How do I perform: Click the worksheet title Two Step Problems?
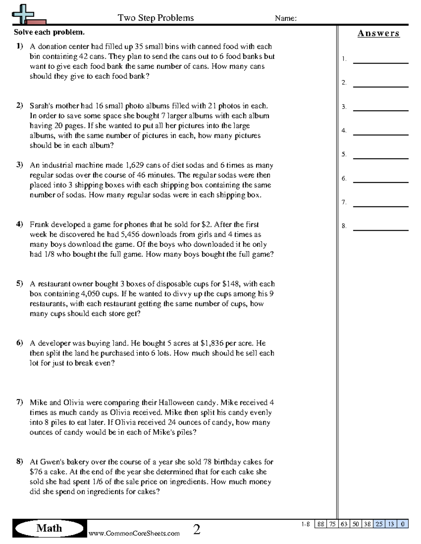tap(155, 18)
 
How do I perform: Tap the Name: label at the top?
tap(286, 18)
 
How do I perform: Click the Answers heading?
tap(379, 33)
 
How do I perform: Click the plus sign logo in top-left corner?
tap(23, 14)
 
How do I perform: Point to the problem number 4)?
tap(19, 224)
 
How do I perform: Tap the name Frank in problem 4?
tap(39, 224)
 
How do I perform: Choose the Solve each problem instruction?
tap(49, 32)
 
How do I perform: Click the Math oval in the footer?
tap(49, 528)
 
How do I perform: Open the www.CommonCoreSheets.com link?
tap(134, 533)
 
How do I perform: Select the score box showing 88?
tap(320, 524)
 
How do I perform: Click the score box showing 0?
tap(402, 524)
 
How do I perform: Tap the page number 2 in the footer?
tap(197, 529)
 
